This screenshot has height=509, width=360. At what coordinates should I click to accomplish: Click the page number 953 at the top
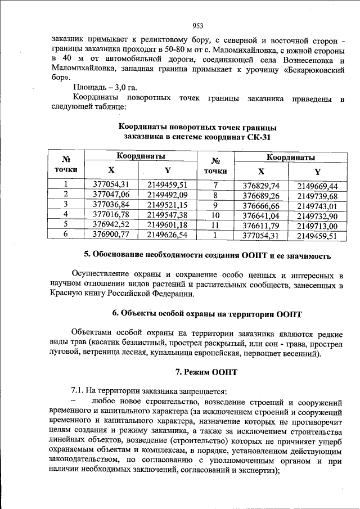[x=197, y=25]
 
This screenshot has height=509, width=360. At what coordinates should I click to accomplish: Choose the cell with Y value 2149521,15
[x=166, y=204]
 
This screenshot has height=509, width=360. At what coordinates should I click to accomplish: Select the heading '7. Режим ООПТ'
[x=206, y=372]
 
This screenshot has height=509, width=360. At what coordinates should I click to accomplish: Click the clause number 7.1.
[x=78, y=390]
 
